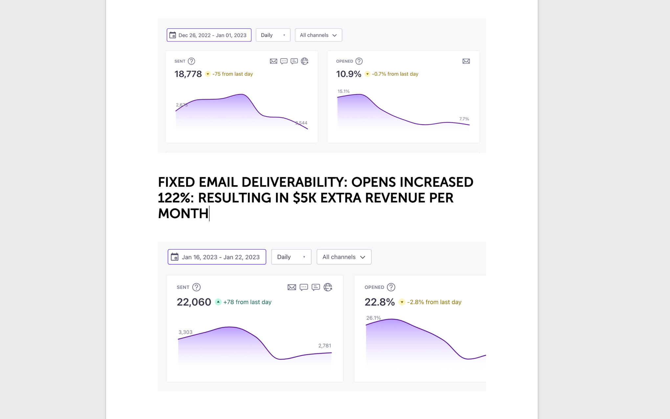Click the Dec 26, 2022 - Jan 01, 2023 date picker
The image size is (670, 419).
(x=209, y=35)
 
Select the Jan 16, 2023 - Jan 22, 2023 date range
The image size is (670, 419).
(x=217, y=257)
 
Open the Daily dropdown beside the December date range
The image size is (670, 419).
(x=273, y=35)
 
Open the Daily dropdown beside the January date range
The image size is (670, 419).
(x=291, y=257)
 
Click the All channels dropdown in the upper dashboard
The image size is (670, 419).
(x=318, y=35)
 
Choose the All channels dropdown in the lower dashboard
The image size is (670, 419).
(x=344, y=257)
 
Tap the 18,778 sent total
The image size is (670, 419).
(x=188, y=74)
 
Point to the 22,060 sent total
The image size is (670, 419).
(x=194, y=302)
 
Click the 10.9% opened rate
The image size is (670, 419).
(x=348, y=74)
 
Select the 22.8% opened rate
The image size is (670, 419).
(x=379, y=302)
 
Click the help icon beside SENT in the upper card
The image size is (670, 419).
(x=191, y=61)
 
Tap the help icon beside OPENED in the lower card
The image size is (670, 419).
(x=391, y=287)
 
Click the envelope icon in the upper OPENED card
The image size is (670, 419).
(x=466, y=61)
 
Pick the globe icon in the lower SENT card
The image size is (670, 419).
(x=328, y=287)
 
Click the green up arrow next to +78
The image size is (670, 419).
(x=218, y=302)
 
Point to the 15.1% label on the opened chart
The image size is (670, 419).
(x=344, y=91)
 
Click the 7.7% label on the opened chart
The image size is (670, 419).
(x=464, y=119)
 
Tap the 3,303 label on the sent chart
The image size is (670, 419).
(x=185, y=332)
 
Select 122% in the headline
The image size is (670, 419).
(x=176, y=198)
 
